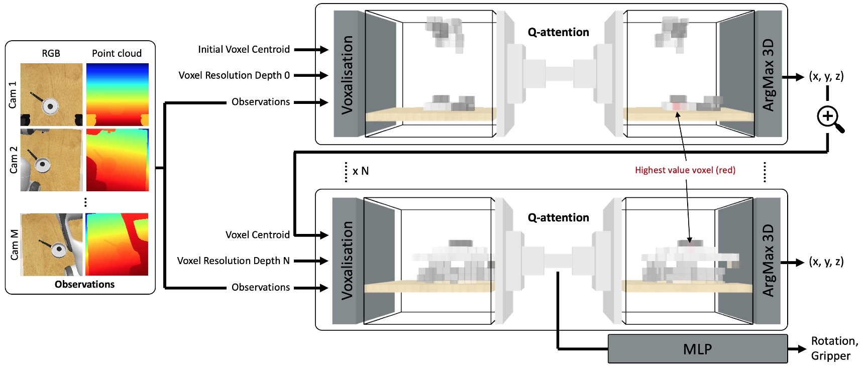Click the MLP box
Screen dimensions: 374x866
tap(697, 349)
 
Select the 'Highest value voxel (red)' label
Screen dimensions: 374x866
tap(685, 170)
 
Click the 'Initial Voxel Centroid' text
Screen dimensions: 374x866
tap(244, 49)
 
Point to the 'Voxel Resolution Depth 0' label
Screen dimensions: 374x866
tap(234, 75)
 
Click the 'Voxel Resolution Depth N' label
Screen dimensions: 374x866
tap(233, 261)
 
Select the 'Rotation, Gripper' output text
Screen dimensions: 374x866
tap(834, 348)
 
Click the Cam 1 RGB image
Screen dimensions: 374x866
tap(51, 94)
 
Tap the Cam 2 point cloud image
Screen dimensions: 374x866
tap(118, 160)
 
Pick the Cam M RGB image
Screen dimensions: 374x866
tap(51, 244)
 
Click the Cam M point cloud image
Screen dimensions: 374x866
tap(118, 244)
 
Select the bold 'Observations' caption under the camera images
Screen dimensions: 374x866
tap(84, 284)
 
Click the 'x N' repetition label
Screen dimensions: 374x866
tap(360, 171)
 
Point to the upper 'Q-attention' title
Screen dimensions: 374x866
tap(558, 32)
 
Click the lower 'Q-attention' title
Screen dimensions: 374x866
tap(558, 217)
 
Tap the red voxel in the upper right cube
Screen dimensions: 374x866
tap(676, 106)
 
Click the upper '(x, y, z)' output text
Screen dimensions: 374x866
tap(826, 76)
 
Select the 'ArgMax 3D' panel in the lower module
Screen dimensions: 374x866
tap(768, 260)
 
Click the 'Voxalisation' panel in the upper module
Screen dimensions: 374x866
tap(347, 74)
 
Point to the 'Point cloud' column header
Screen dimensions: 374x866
tap(117, 53)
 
